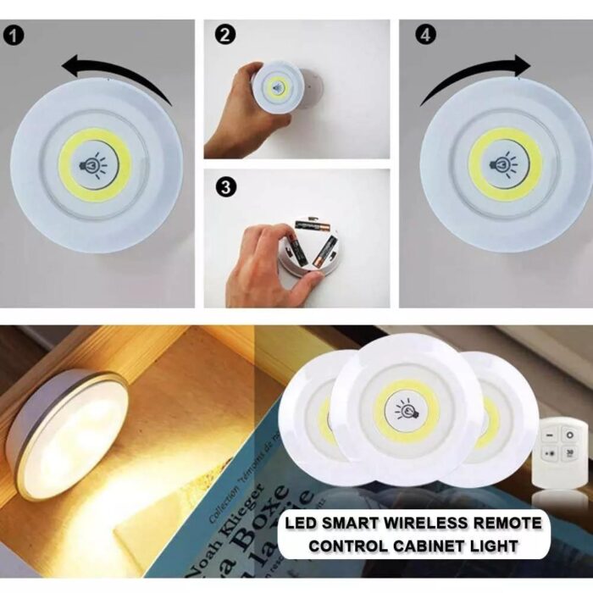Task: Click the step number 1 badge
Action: [x=14, y=37]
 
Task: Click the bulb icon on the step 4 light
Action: [x=506, y=164]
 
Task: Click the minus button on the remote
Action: [x=547, y=435]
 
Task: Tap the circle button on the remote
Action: [x=570, y=435]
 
